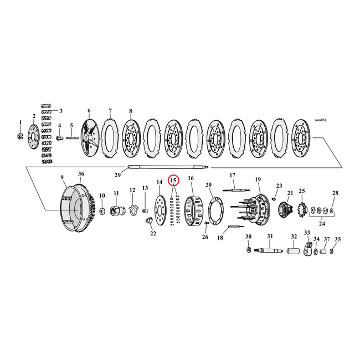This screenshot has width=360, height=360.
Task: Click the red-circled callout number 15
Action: click(x=173, y=180)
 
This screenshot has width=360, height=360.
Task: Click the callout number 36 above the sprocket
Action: click(x=81, y=174)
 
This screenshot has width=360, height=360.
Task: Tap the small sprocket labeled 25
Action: click(x=302, y=210)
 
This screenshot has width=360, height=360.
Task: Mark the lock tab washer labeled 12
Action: click(x=132, y=209)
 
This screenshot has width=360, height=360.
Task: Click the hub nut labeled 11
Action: click(x=117, y=212)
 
